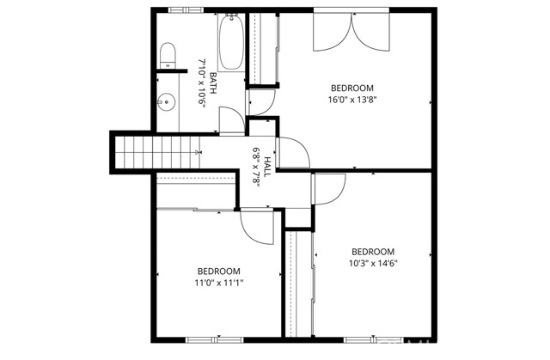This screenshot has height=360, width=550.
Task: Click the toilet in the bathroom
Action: coord(168,57)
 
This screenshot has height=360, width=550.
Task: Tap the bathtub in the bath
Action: coord(231,44)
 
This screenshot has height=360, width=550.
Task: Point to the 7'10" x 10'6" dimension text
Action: coord(203,82)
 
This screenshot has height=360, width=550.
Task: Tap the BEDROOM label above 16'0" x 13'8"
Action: coord(352,88)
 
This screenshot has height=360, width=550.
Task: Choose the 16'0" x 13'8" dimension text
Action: coord(352,100)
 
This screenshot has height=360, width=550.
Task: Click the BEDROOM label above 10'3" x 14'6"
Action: coord(372,252)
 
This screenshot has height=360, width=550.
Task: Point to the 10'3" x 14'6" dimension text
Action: coord(372,264)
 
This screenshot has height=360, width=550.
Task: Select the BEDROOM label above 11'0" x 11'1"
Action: coord(219,270)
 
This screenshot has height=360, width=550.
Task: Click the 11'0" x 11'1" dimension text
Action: coord(219,282)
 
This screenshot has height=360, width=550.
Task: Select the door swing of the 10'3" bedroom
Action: coord(327,187)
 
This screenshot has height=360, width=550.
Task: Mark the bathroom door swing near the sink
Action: coord(231,120)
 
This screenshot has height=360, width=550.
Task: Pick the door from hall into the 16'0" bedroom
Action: coord(292,153)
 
